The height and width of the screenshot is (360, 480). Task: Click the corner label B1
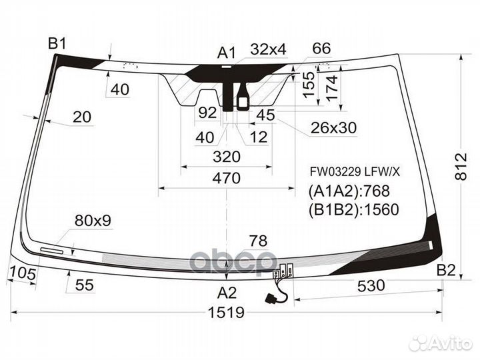57,45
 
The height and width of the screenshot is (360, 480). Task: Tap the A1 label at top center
227,52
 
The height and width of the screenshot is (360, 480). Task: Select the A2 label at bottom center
227,291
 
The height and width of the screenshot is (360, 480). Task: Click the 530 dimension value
371,286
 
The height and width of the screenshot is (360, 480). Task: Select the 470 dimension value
226,178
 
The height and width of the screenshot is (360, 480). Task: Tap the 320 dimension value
226,157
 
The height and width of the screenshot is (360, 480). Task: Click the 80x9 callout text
93,219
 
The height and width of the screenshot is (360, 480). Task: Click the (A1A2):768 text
349,191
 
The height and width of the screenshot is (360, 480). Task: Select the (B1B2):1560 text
353,210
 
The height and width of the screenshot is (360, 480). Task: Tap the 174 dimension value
331,85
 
